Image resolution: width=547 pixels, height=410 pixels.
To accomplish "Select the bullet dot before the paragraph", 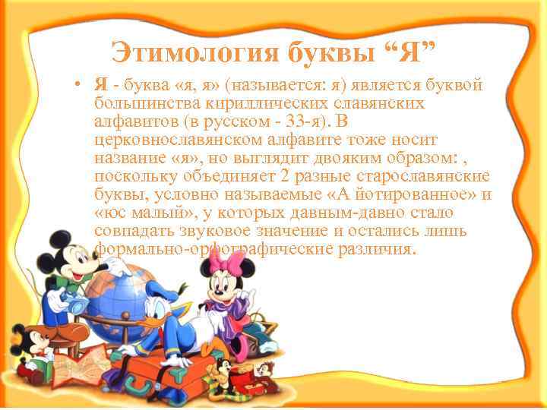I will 80,84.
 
